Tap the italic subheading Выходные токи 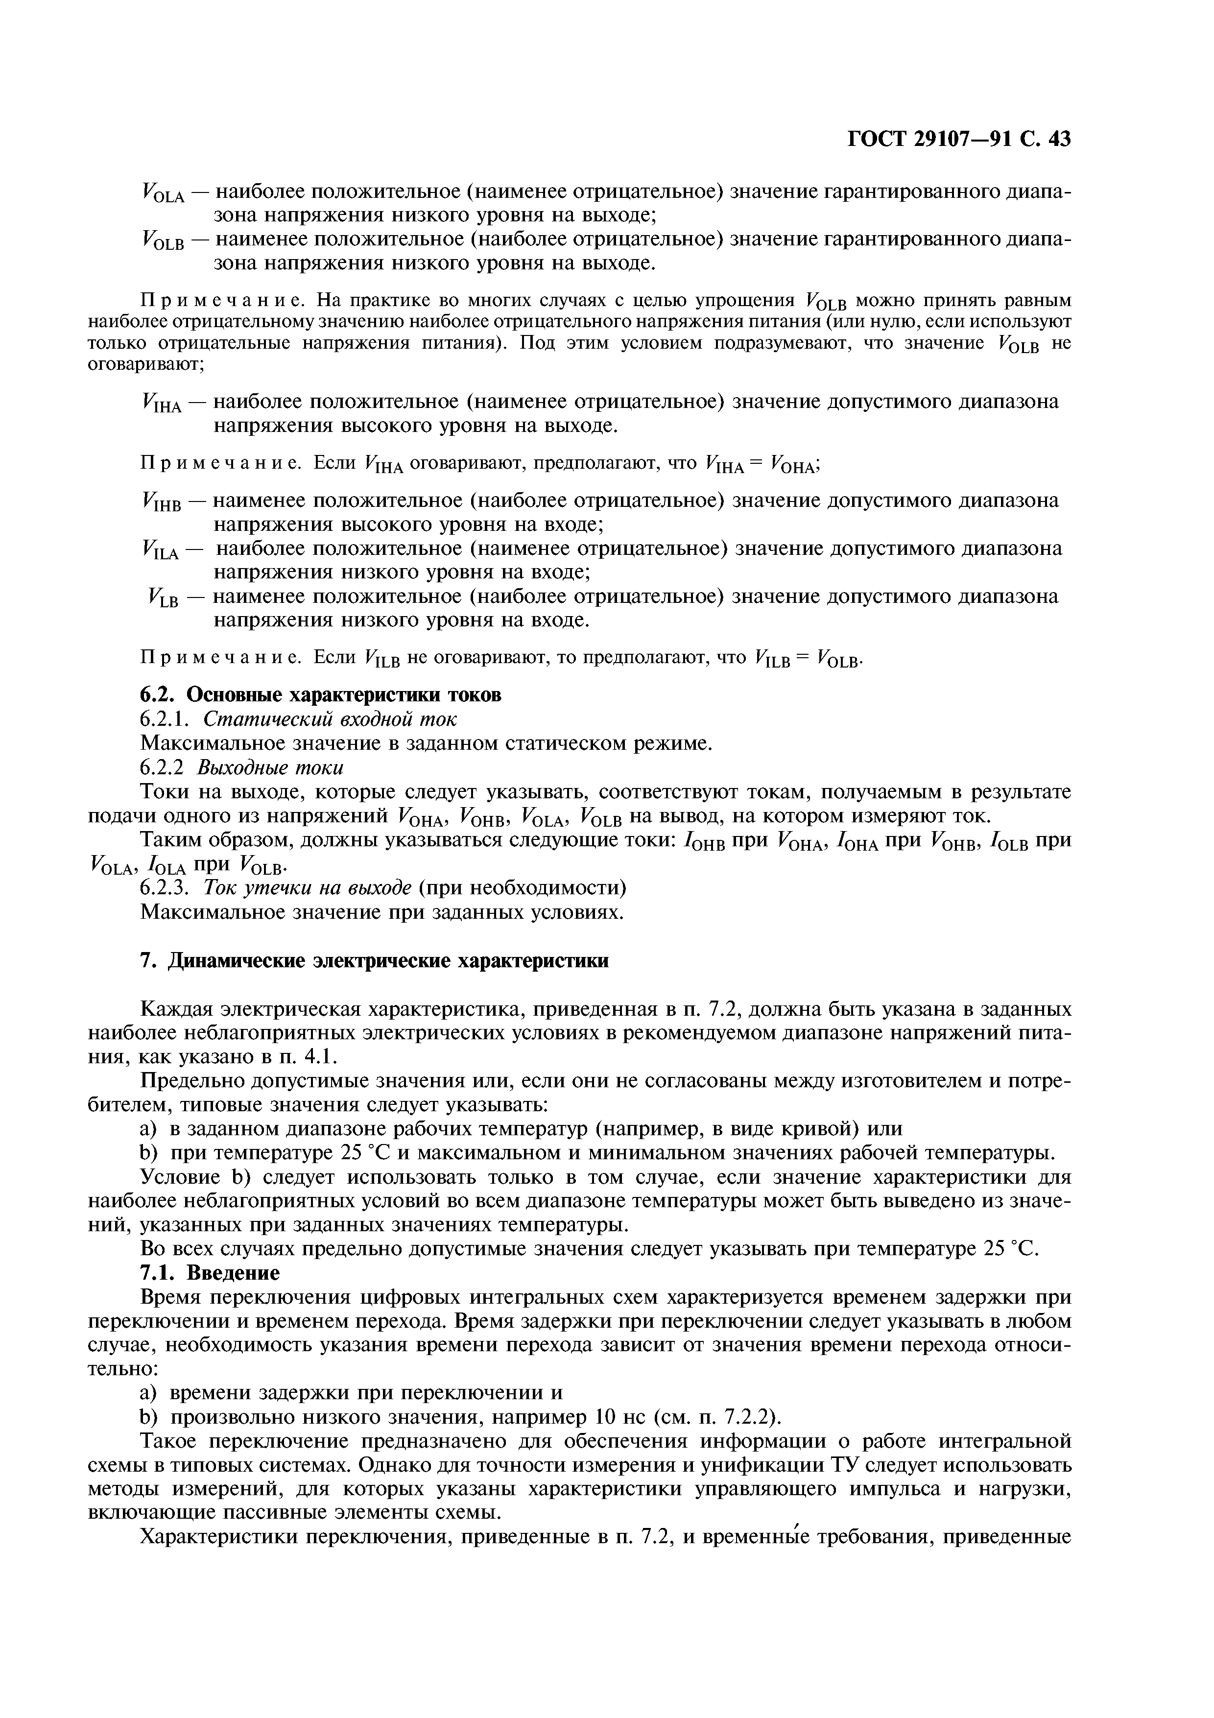tap(270, 768)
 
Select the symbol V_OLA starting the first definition tap(162, 195)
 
